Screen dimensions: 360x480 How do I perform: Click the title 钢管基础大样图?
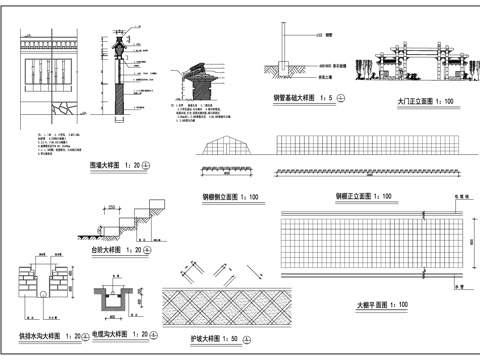click(292, 98)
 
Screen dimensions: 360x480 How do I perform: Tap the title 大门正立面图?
click(413, 102)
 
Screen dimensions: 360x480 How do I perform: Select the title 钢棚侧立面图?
click(222, 195)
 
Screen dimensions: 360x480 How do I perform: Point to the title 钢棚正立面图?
click(354, 195)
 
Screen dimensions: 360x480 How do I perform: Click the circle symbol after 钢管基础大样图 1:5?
click(341, 98)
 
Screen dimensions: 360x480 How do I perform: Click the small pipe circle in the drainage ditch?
click(45, 297)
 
